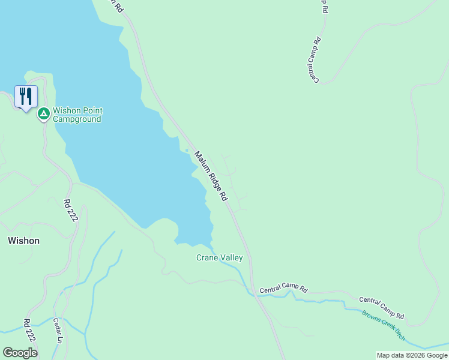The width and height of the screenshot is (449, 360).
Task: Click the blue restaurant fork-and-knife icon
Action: [x=26, y=96]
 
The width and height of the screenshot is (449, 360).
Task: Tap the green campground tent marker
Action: [x=43, y=113]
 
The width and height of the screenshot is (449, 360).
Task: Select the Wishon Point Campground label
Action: [x=77, y=115]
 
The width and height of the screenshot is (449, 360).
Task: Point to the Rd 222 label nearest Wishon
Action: [x=71, y=211]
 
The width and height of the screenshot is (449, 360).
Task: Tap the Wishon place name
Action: [x=23, y=241]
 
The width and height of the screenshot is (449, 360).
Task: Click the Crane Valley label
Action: [x=220, y=258]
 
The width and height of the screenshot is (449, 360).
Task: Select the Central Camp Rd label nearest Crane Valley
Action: [x=283, y=290]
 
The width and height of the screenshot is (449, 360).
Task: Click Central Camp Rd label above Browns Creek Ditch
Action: [x=382, y=307]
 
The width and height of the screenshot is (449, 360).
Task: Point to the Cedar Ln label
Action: [x=58, y=331]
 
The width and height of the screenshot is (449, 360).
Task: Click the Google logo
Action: [x=20, y=353]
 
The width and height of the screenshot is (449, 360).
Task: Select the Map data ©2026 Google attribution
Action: [x=412, y=355]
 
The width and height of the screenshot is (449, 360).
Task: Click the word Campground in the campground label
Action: [x=77, y=119]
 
